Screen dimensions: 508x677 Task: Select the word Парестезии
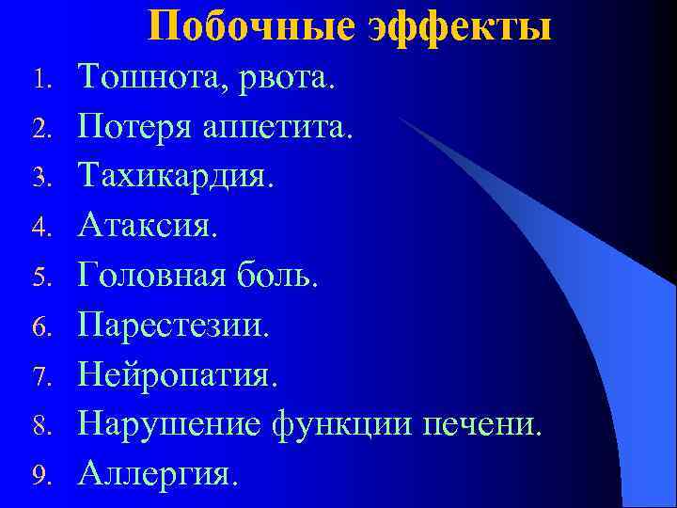point(173,325)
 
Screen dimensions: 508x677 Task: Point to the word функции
point(345,423)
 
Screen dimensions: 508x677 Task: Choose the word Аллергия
point(154,472)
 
